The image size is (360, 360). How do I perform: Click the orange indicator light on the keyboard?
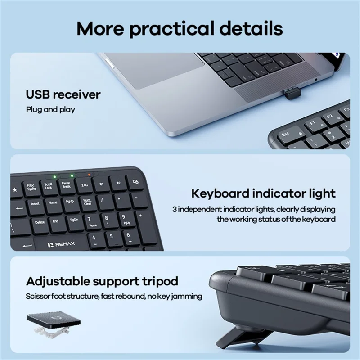click(x=89, y=175)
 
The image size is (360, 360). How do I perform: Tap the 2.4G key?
click(x=85, y=185)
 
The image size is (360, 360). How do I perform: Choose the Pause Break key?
click(x=66, y=185)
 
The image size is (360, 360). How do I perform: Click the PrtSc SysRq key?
click(x=31, y=187)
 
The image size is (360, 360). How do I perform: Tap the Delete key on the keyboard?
click(x=40, y=222)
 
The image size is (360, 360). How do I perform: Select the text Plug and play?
click(x=50, y=109)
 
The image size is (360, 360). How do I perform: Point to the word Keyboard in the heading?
click(x=220, y=193)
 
